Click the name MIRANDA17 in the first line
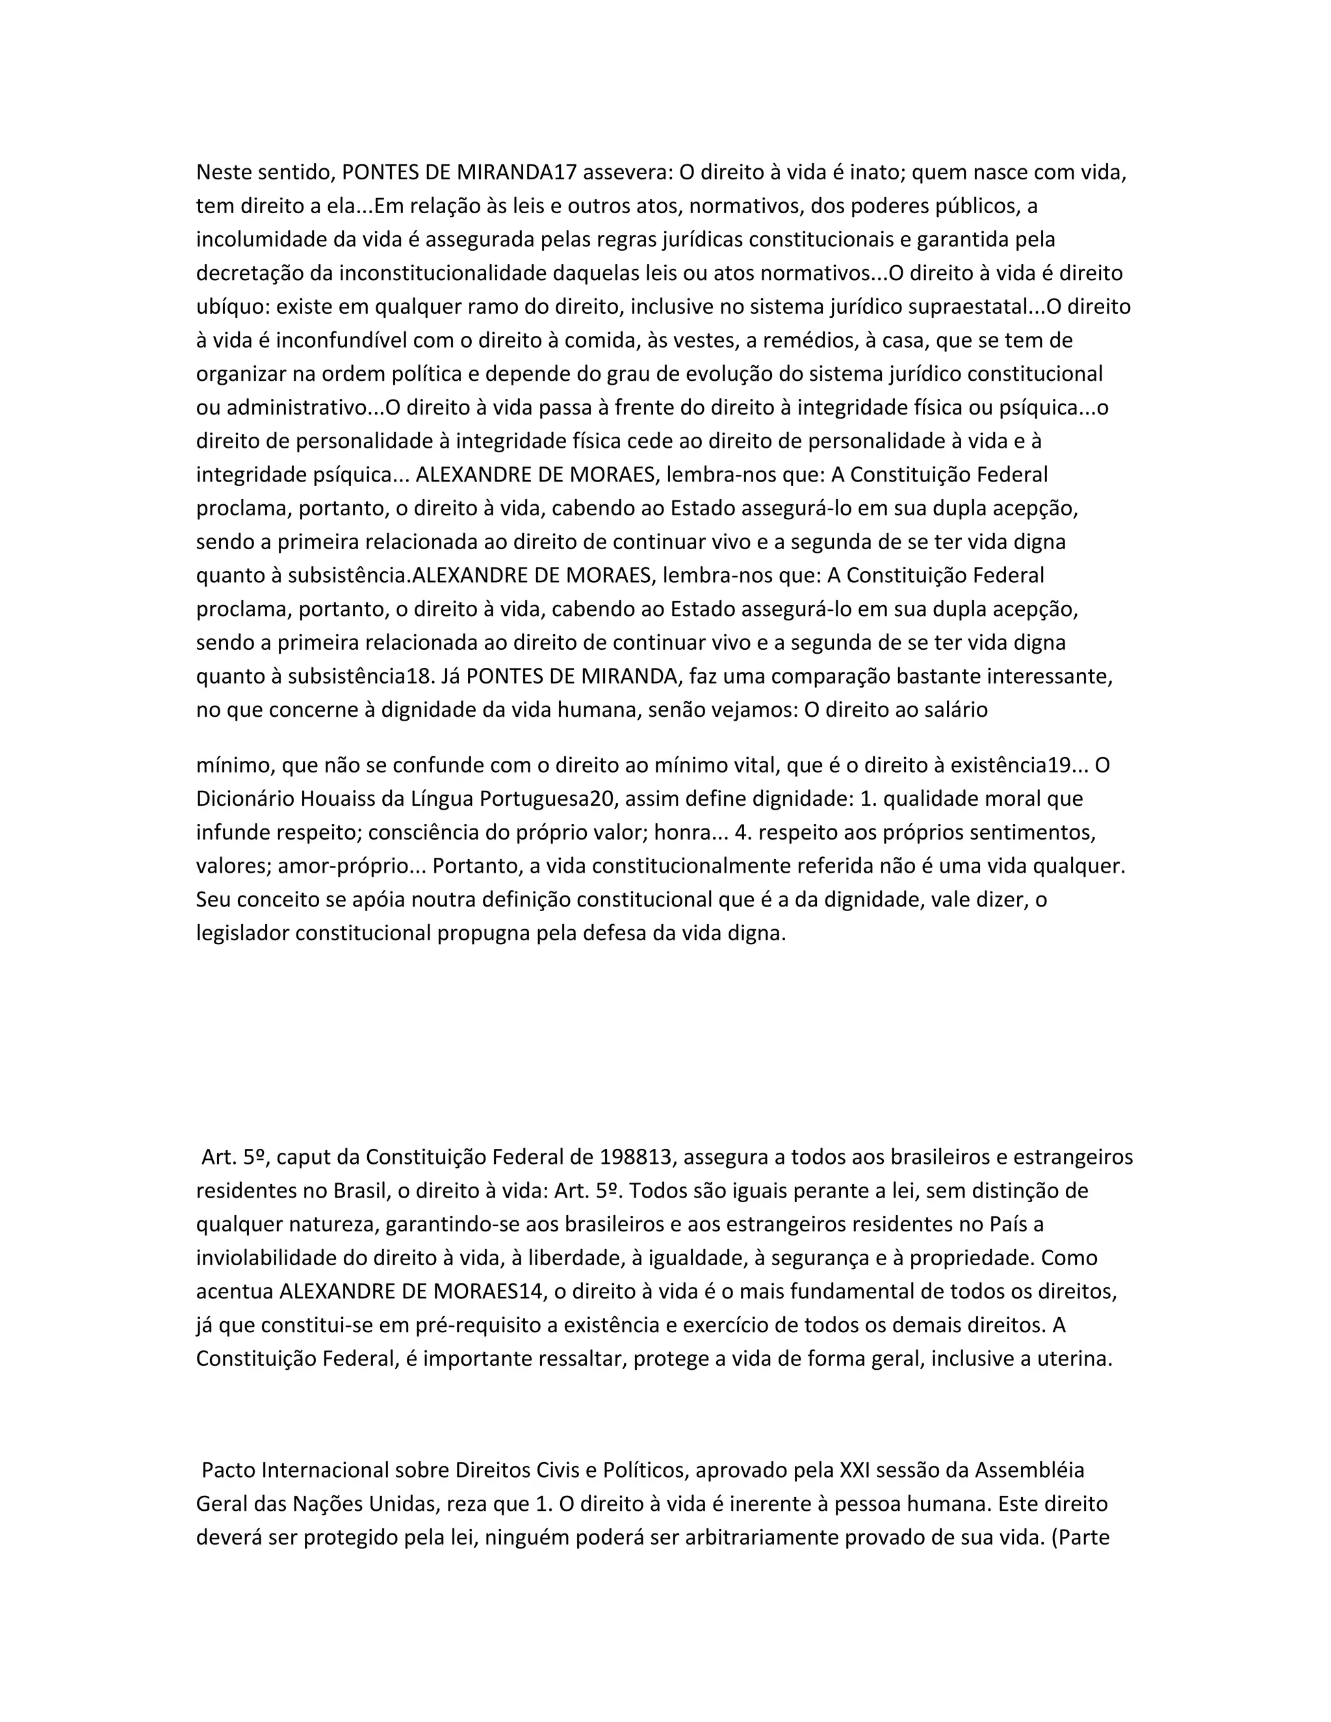pyautogui.click(x=517, y=172)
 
